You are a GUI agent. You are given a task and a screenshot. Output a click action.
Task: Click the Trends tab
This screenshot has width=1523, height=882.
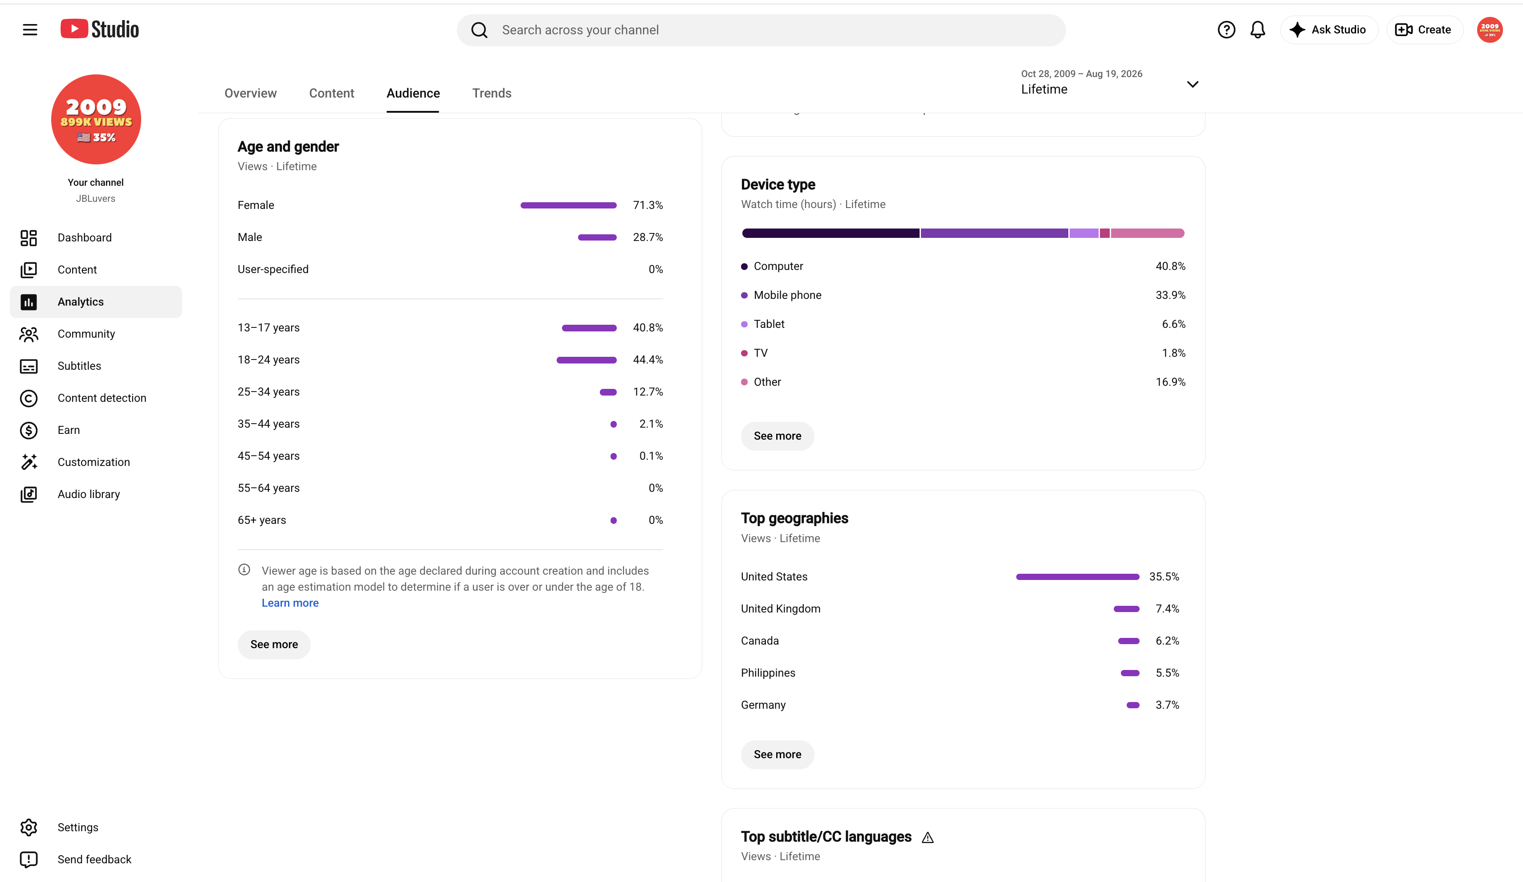pos(491,93)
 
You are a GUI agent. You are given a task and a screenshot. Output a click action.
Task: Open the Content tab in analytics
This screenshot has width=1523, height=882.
pos(331,93)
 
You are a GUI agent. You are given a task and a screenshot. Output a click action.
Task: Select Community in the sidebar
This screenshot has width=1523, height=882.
pos(86,334)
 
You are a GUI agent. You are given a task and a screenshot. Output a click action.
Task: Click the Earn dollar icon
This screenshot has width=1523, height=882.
pos(29,430)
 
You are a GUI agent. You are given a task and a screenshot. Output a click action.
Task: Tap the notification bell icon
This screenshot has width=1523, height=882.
pos(1258,29)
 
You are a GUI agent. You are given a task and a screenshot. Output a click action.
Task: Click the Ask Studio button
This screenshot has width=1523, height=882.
pos(1328,29)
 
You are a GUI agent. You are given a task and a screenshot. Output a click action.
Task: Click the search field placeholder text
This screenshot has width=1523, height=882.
pos(580,30)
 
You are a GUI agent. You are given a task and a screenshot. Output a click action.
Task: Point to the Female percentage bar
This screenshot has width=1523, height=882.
pos(568,205)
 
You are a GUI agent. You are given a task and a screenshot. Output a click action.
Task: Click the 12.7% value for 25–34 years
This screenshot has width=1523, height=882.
pos(648,392)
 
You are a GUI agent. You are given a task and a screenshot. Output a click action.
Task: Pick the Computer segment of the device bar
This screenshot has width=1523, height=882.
pos(831,233)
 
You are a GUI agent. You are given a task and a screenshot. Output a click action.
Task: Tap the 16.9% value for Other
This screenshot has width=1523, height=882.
pos(1171,382)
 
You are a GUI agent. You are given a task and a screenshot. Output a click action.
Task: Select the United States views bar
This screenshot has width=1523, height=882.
pos(1078,577)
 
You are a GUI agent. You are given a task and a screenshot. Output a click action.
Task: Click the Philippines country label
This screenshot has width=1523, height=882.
pos(768,673)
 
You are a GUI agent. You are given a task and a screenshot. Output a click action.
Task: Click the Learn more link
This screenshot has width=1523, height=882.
pos(290,603)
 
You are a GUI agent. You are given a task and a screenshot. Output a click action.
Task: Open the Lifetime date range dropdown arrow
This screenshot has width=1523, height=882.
pos(1193,85)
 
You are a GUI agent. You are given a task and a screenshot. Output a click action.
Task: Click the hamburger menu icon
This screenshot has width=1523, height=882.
pos(29,29)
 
